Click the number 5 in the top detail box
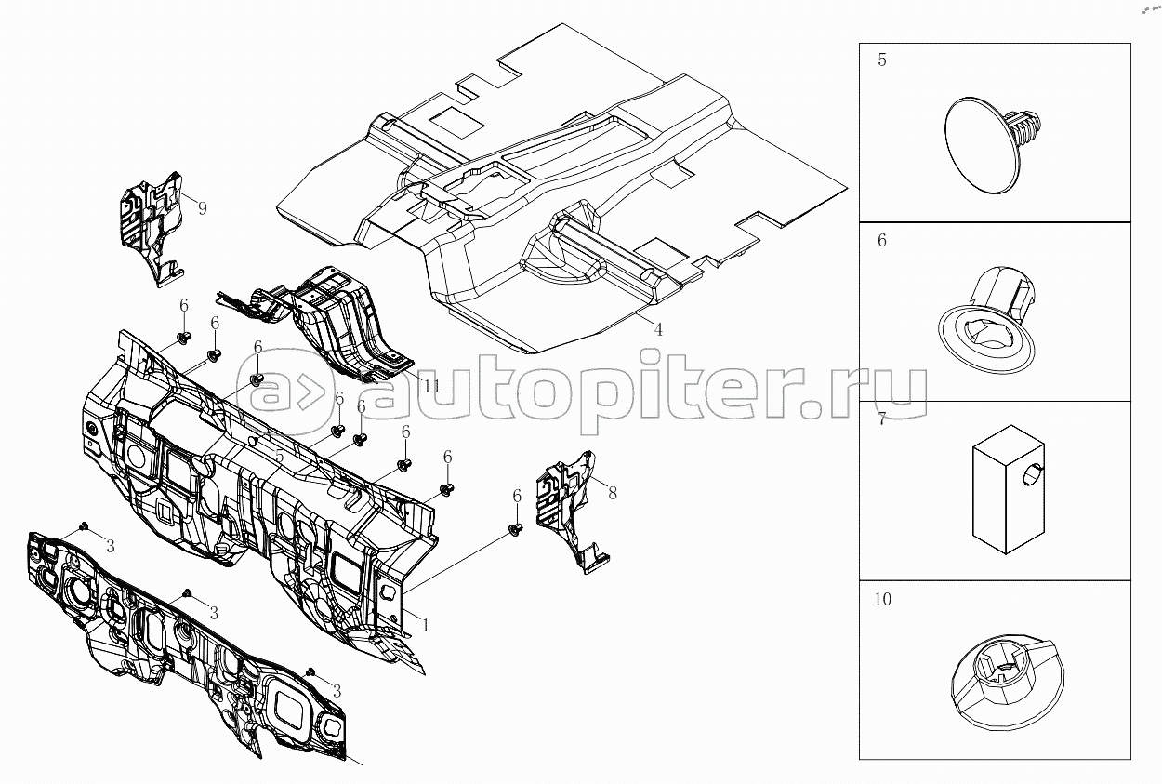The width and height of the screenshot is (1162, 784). tap(882, 60)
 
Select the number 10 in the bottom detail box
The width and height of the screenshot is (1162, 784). tap(883, 599)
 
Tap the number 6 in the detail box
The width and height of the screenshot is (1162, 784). tap(882, 240)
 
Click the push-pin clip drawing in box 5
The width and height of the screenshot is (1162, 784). tap(992, 145)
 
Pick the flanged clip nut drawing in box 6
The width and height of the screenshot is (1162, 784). tap(986, 321)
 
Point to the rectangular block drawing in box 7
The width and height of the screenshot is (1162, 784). tap(1008, 490)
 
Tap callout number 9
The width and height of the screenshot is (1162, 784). tap(203, 208)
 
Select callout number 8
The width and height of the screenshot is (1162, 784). tap(613, 494)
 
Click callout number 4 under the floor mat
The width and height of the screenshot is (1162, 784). tap(658, 329)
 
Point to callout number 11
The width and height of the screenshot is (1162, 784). tap(431, 386)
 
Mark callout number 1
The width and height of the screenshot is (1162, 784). tap(426, 626)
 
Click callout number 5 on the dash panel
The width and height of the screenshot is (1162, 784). tap(280, 457)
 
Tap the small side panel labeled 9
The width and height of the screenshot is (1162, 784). tap(152, 228)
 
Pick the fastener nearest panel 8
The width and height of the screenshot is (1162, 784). tap(515, 530)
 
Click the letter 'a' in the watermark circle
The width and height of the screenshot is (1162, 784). tap(273, 392)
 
